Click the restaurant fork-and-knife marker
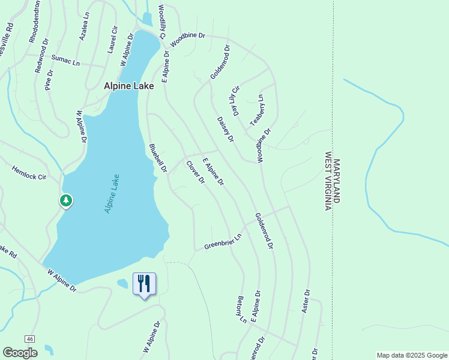pyautogui.click(x=144, y=283)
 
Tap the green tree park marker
pyautogui.click(x=66, y=200)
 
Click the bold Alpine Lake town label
pyautogui.click(x=128, y=86)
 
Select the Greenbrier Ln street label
pyautogui.click(x=222, y=242)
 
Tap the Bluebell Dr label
pyautogui.click(x=157, y=158)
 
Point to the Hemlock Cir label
pyautogui.click(x=29, y=173)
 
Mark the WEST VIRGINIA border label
pyautogui.click(x=328, y=181)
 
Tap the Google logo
pyautogui.click(x=20, y=353)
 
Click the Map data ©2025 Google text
pyautogui.click(x=411, y=355)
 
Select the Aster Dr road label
pyautogui.click(x=306, y=302)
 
